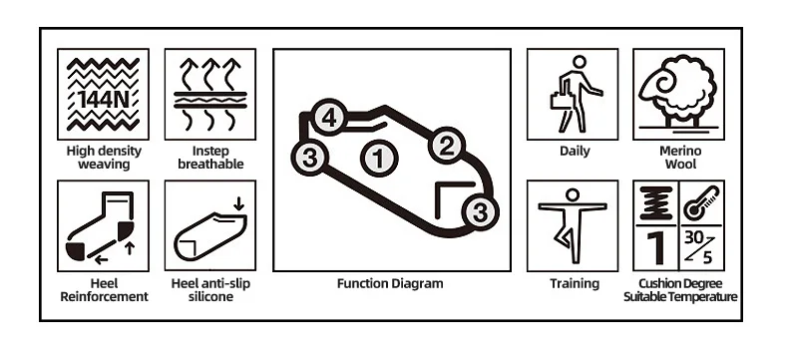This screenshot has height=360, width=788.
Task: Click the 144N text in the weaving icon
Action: pyautogui.click(x=103, y=100)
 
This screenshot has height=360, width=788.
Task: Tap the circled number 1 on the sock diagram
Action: pyautogui.click(x=379, y=159)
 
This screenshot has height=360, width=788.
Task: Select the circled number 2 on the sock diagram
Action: pyautogui.click(x=447, y=146)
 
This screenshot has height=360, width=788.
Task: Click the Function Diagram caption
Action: pyautogui.click(x=390, y=283)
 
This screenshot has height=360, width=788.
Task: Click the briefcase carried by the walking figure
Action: pyautogui.click(x=561, y=100)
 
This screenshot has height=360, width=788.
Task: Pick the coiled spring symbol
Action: pyautogui.click(x=655, y=202)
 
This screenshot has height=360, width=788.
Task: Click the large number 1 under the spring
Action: pyautogui.click(x=655, y=247)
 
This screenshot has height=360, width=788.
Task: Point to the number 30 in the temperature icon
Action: pyautogui.click(x=693, y=237)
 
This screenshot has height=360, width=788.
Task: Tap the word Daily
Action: pyautogui.click(x=575, y=151)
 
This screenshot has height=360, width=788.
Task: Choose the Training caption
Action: pyautogui.click(x=575, y=283)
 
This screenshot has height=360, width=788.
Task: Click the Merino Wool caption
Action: pyautogui.click(x=680, y=158)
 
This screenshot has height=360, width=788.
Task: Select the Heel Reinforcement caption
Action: pyautogui.click(x=104, y=290)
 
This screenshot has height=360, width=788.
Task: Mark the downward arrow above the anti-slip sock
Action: pyautogui.click(x=238, y=203)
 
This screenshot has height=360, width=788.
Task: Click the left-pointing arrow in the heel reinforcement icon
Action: pyautogui.click(x=101, y=260)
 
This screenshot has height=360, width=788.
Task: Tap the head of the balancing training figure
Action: pyautogui.click(x=573, y=194)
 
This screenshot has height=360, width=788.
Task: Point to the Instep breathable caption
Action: pyautogui.click(x=210, y=158)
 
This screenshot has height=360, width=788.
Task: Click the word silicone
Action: pyautogui.click(x=210, y=297)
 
